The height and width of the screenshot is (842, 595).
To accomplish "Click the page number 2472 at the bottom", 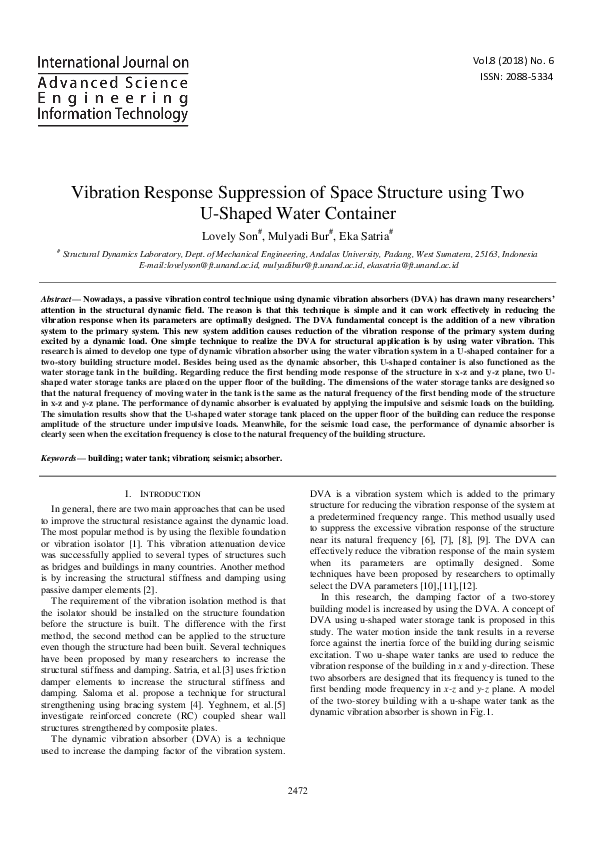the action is click(297, 791).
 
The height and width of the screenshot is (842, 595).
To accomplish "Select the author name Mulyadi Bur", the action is click(301, 235).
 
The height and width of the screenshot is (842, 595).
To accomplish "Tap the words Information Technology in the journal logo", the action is click(112, 116).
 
